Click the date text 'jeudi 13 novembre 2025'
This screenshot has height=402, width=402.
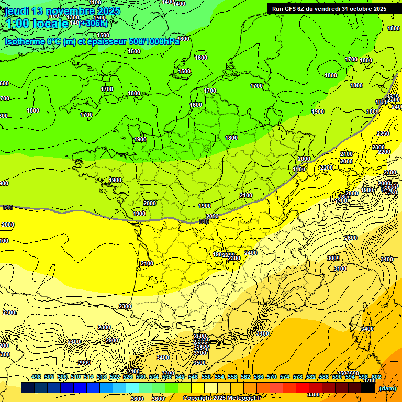click(x=62, y=11)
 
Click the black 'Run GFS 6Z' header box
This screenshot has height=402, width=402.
click(x=329, y=8)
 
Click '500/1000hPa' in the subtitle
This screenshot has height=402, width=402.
click(x=155, y=41)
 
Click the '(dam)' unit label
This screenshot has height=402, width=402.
click(x=387, y=388)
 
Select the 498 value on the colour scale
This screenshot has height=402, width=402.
click(x=36, y=377)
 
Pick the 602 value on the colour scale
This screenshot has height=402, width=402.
click(x=376, y=377)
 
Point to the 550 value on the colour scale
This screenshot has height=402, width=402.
click(x=206, y=377)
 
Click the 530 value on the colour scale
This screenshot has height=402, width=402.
click(x=141, y=377)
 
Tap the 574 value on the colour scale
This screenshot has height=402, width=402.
click(x=285, y=377)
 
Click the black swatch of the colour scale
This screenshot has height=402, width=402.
click(x=368, y=388)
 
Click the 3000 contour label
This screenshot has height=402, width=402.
click(x=333, y=259)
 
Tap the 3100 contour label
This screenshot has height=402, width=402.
click(x=340, y=269)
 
